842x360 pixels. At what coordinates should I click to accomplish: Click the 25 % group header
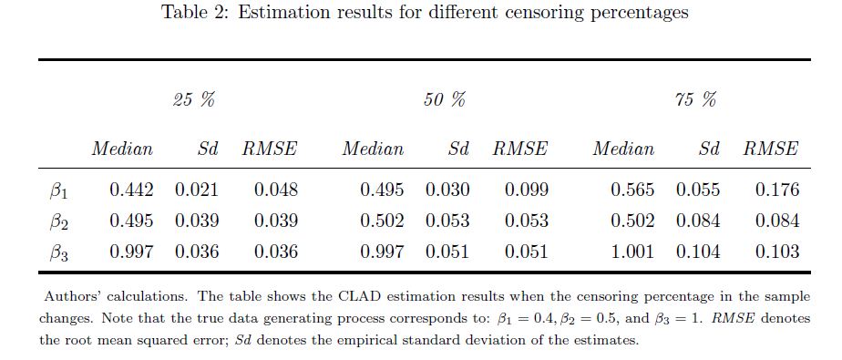pos(194,100)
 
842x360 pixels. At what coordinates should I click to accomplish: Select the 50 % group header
pos(444,100)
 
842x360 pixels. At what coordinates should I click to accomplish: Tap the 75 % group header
pos(695,100)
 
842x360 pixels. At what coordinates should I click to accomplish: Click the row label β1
pos(58,191)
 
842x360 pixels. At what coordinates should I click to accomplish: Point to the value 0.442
pos(131,190)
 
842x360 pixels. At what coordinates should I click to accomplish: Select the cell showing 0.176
pos(777,190)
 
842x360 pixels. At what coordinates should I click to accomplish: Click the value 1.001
pos(632,252)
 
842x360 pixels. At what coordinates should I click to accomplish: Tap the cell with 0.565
pos(632,190)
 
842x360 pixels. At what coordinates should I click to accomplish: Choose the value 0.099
pos(527,190)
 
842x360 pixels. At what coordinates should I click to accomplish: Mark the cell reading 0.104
pos(697,252)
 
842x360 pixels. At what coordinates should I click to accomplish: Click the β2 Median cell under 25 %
pos(131,221)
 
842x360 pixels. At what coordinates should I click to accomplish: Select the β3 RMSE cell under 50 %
pos(527,252)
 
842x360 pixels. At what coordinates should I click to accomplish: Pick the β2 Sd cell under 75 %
pos(697,221)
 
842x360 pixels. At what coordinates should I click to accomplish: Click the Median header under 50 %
pos(374,149)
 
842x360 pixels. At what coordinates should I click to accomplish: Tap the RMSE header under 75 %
pos(771,149)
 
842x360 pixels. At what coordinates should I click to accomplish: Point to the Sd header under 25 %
pos(208,149)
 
